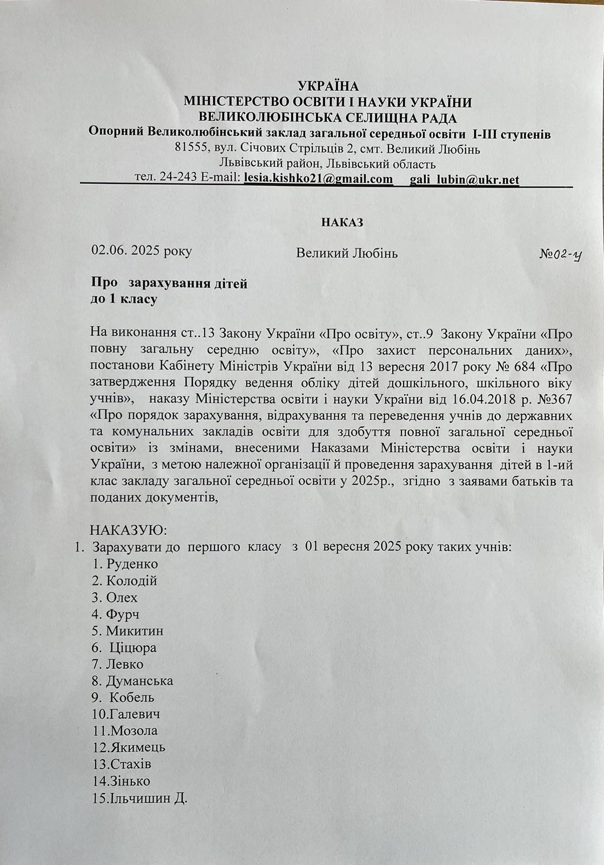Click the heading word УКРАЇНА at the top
[x=328, y=86]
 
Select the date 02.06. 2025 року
[x=142, y=251]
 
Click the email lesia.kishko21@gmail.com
[x=318, y=179]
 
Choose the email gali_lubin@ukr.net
[x=464, y=179]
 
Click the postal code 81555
[x=189, y=149]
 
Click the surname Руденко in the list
[x=132, y=564]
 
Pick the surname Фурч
[x=123, y=614]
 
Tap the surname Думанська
[x=139, y=681]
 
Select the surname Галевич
[x=135, y=714]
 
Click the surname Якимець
[x=138, y=748]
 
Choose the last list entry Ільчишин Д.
[x=148, y=798]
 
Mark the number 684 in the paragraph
[x=522, y=366]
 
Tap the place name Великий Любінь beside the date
[x=347, y=253]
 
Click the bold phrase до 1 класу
[x=124, y=299]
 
